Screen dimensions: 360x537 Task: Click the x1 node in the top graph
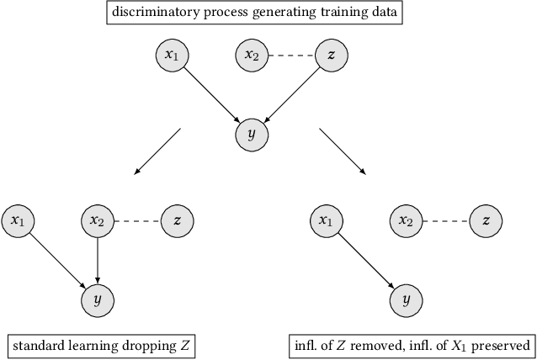point(173,56)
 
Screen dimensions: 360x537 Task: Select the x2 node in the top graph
point(252,56)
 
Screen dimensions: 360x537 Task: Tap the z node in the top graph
point(331,56)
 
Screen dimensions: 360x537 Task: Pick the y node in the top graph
point(252,135)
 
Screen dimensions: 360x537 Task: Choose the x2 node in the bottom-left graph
point(98,220)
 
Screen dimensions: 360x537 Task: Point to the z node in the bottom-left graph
point(177,220)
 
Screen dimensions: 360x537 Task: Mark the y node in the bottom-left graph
point(98,299)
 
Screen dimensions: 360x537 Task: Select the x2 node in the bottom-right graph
point(406,220)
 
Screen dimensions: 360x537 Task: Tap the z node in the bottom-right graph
point(485,220)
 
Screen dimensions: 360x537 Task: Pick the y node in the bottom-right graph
point(406,299)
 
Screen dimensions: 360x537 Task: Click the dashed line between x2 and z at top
point(291,56)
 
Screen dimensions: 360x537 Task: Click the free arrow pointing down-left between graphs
point(157,151)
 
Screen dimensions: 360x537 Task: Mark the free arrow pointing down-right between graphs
point(342,151)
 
